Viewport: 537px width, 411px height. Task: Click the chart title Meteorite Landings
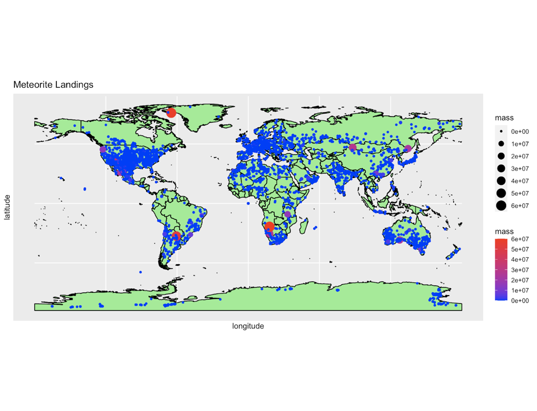coord(53,85)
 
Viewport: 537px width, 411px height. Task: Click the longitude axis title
coord(248,326)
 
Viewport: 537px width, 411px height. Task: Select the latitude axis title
coord(7,207)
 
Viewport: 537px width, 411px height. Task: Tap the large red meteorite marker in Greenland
coord(171,113)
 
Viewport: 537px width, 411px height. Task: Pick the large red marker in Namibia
coord(269,226)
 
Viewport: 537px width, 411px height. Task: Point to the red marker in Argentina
coord(177,236)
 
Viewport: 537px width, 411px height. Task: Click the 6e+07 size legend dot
coord(501,205)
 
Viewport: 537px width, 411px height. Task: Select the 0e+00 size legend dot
coord(501,131)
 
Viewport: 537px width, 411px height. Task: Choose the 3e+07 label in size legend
coord(520,168)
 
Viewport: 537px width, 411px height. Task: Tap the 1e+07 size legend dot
coord(501,144)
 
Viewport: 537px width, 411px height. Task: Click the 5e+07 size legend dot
coord(501,193)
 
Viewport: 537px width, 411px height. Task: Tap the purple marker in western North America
coord(103,150)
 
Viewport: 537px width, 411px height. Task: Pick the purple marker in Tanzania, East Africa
coord(287,214)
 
